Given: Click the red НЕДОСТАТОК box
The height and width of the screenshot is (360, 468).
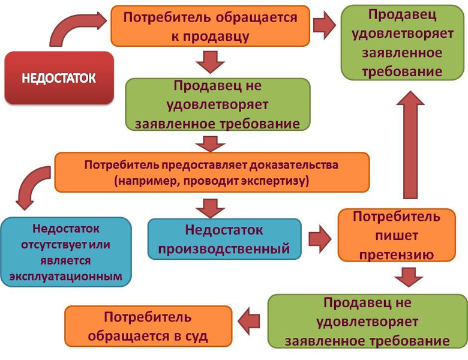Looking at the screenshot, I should coord(59,78).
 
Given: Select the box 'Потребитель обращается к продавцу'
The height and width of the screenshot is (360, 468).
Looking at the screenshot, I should coord(210,26).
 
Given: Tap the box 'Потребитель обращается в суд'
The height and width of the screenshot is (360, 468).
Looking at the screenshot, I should coord(148,326).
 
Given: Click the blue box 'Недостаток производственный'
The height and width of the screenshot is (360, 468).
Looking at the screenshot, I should coord(224,239).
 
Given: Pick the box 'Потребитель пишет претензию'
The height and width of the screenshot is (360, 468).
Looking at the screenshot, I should coord(396,235).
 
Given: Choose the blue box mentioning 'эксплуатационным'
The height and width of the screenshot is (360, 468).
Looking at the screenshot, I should coord(66,253).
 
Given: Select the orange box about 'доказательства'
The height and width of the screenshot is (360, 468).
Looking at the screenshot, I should coord(211,172).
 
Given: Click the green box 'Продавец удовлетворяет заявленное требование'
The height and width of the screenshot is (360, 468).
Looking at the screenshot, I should coord(403,43).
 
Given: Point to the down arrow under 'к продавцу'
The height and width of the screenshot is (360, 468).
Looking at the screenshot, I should coord(210,62).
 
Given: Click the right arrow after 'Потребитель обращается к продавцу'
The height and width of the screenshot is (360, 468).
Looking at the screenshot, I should coord(325,26).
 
